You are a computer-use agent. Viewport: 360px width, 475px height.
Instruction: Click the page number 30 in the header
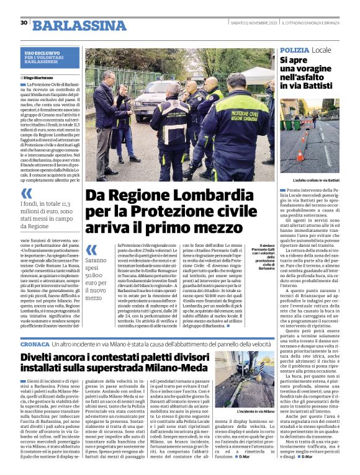pos(24,23)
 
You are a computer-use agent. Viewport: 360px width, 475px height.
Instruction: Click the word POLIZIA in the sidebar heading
pos(295,49)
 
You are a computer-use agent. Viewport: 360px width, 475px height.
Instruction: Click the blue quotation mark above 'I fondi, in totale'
pos(27,194)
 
